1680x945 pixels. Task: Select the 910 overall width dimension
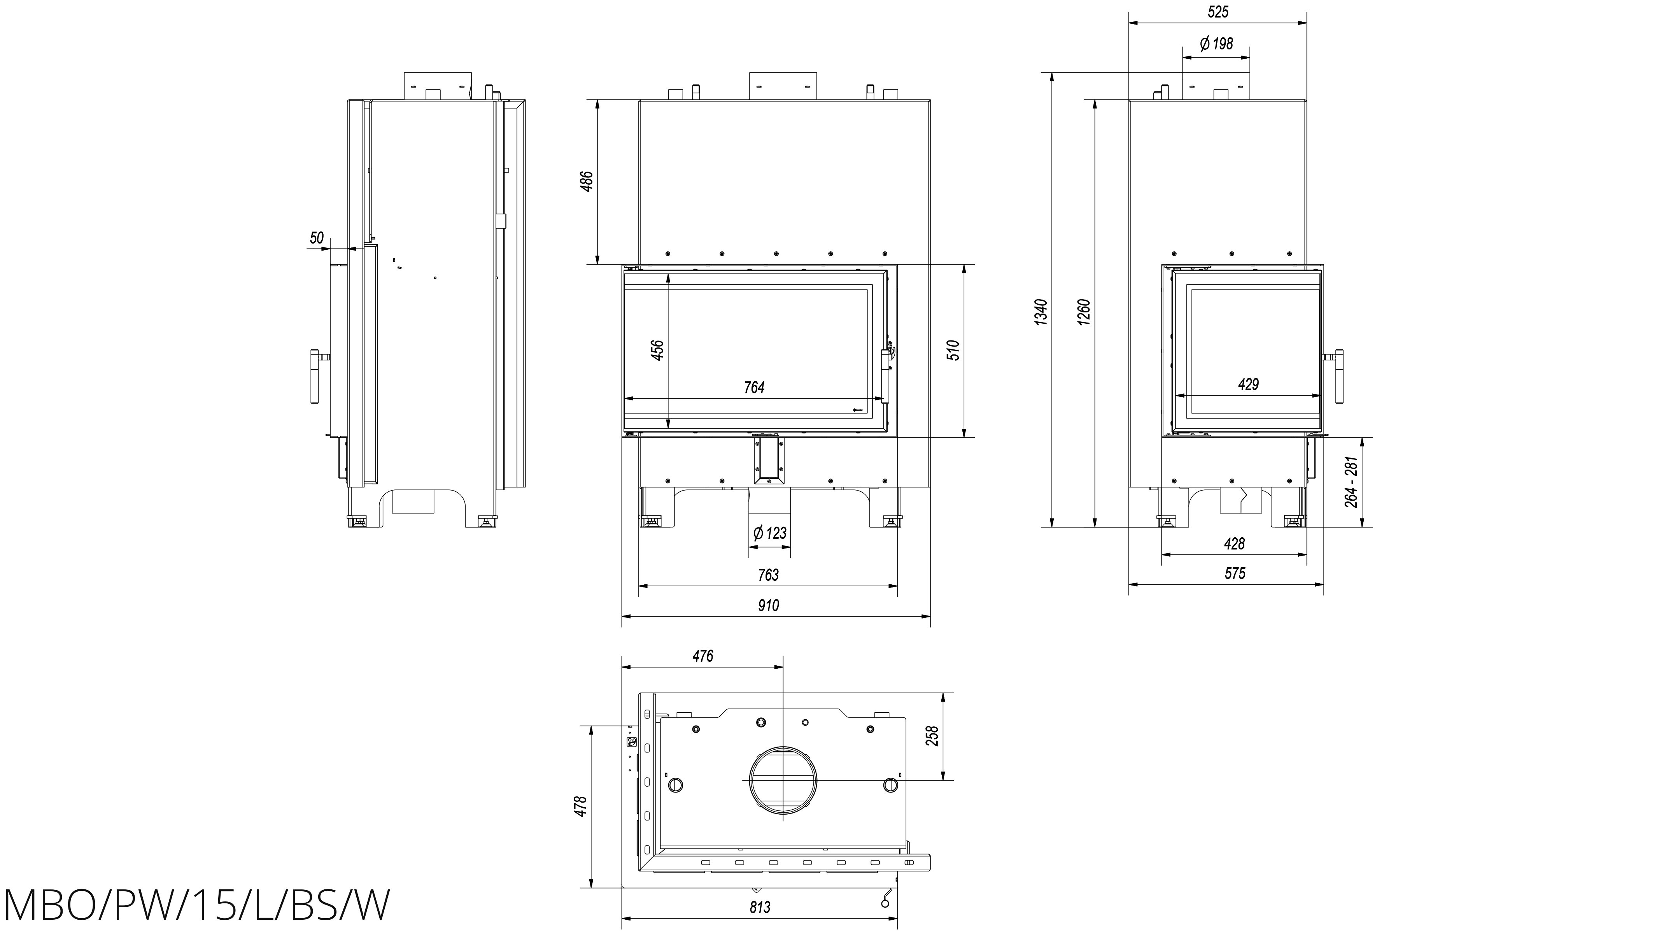[x=768, y=605]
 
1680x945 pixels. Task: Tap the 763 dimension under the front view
[x=768, y=575]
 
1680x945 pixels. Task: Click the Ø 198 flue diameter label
[x=1216, y=44]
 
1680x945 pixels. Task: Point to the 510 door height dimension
[x=953, y=350]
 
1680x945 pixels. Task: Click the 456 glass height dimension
[x=657, y=350]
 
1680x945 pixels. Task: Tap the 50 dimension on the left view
[x=316, y=238]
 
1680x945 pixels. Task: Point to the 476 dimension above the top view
[x=702, y=656]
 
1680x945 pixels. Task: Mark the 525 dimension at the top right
[x=1218, y=12]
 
